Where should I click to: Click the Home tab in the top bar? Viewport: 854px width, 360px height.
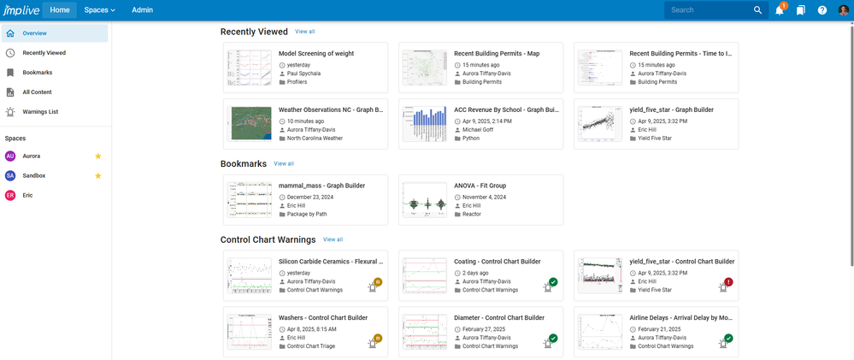tap(60, 10)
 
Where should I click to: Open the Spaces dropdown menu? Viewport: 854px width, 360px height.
tap(99, 10)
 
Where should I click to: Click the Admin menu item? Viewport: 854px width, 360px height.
tap(143, 10)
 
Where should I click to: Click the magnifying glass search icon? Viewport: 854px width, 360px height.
tap(757, 10)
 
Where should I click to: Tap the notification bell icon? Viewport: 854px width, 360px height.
tap(780, 10)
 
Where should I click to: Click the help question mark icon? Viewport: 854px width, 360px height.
tap(822, 10)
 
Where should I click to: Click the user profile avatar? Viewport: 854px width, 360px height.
tap(844, 10)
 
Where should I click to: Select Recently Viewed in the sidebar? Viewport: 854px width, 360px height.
tap(44, 53)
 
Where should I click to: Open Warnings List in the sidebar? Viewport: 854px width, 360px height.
tap(41, 112)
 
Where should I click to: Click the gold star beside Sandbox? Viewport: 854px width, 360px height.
tap(98, 175)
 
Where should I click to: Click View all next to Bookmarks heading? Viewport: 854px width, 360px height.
tap(284, 163)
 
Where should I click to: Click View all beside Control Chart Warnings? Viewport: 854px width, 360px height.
tap(333, 239)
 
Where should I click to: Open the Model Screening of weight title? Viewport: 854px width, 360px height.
tap(316, 53)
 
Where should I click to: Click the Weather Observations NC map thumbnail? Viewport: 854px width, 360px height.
tap(250, 123)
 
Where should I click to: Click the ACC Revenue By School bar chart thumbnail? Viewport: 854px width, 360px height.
tap(425, 123)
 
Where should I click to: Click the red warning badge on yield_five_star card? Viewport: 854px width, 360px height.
tap(728, 282)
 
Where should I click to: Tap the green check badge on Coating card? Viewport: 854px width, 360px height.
tap(553, 282)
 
